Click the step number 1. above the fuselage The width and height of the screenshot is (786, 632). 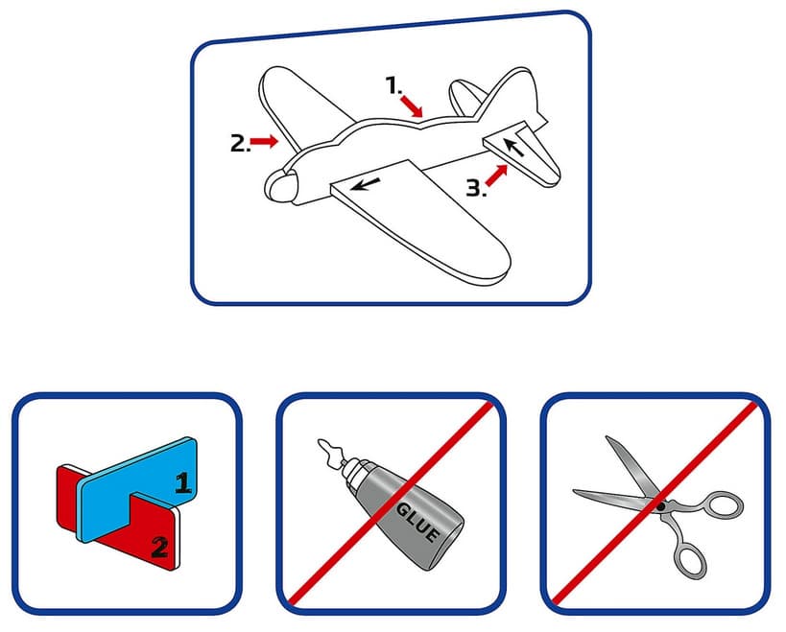click(393, 84)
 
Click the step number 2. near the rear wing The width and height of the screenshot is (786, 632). click(240, 143)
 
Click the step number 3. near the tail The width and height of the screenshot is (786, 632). click(476, 188)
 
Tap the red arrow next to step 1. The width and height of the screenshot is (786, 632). click(412, 106)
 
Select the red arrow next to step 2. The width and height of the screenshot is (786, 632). click(264, 141)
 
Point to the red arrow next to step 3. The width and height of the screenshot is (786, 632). click(497, 176)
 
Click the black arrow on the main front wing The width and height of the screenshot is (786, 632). click(366, 184)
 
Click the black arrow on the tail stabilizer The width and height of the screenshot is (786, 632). click(513, 148)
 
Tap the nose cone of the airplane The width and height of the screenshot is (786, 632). click(280, 185)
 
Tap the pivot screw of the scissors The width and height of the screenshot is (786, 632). click(661, 506)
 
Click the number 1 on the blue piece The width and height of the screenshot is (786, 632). click(183, 482)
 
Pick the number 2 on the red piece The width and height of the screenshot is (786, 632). click(159, 547)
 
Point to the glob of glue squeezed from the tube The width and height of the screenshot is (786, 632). click(329, 448)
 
